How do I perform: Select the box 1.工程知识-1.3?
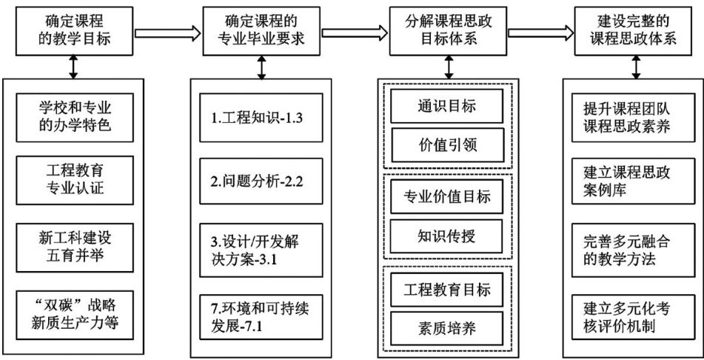pos(261,118)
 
